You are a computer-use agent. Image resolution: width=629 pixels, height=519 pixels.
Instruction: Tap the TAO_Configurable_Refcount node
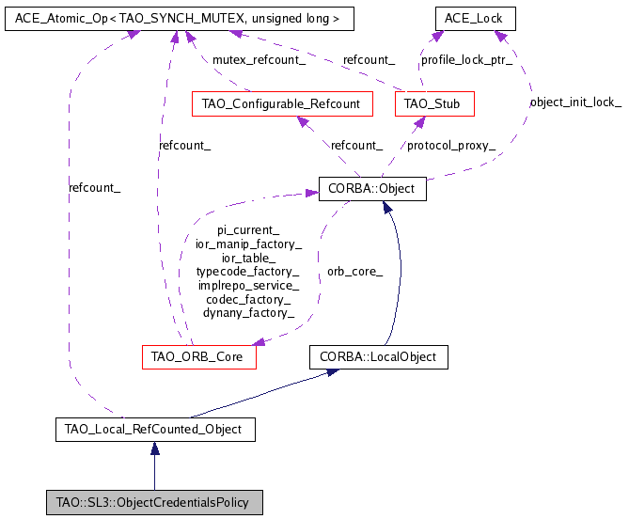(x=281, y=103)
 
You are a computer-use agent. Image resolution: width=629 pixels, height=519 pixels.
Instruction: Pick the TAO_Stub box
(x=434, y=103)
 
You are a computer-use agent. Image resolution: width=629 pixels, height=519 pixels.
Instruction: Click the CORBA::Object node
(x=372, y=188)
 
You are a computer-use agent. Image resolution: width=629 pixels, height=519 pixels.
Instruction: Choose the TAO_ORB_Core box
(x=198, y=357)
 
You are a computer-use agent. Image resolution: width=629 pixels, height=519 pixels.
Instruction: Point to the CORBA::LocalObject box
(x=379, y=357)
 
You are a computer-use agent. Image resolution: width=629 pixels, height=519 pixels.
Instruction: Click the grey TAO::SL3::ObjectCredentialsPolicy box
(x=154, y=502)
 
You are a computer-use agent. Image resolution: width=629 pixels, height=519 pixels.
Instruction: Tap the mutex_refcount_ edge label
(x=259, y=59)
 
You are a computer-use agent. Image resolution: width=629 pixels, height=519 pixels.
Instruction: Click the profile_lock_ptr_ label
(x=466, y=59)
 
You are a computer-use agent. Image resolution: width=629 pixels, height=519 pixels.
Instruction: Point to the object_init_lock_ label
(x=575, y=102)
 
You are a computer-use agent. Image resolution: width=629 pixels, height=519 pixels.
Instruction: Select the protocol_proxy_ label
(x=450, y=145)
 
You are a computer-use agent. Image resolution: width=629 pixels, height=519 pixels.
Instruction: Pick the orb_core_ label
(x=354, y=272)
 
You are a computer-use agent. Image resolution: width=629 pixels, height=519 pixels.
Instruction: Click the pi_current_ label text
(x=248, y=229)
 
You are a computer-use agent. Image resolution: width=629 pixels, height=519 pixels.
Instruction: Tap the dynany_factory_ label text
(x=248, y=312)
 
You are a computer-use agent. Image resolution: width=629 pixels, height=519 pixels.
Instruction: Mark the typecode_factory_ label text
(x=248, y=271)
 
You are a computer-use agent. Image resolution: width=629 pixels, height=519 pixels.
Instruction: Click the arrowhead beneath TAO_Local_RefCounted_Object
(x=154, y=451)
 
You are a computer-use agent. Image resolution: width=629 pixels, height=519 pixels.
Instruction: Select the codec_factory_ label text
(x=248, y=299)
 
